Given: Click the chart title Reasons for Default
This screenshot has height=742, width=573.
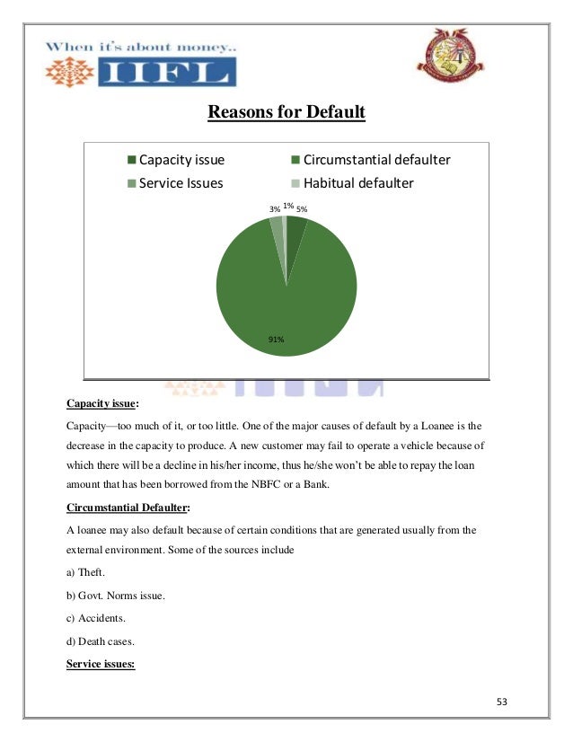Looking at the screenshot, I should tap(286, 113).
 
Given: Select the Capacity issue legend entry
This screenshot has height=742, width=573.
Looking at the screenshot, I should tap(181, 161).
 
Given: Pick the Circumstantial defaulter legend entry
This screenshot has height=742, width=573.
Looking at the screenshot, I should tap(376, 161).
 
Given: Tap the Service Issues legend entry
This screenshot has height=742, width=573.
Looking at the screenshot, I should tap(180, 183).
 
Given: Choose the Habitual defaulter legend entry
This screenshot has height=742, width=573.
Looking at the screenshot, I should tap(358, 183).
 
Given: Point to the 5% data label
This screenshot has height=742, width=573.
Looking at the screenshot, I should tap(303, 209).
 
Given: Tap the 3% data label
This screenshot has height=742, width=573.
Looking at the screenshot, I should tap(274, 209).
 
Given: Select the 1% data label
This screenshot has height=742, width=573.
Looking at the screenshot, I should tap(288, 206).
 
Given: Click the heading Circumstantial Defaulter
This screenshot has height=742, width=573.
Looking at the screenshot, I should tap(128, 508).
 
